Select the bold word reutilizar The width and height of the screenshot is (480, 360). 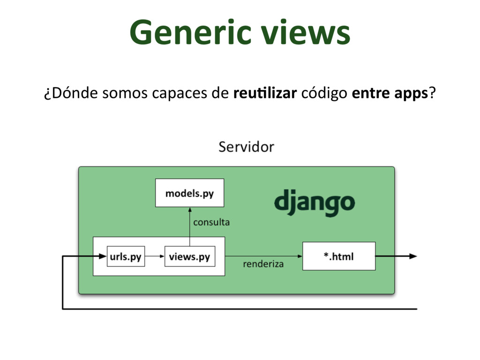click(265, 93)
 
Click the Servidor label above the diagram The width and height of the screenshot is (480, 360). click(246, 147)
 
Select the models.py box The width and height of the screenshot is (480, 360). click(189, 193)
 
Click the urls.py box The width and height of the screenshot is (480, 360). click(126, 256)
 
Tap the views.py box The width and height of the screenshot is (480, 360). click(189, 256)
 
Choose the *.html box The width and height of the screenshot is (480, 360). click(339, 256)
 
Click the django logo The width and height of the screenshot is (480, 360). click(315, 202)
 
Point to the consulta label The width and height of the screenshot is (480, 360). click(211, 222)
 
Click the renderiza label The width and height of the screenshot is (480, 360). click(263, 264)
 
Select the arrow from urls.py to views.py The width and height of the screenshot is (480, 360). click(154, 256)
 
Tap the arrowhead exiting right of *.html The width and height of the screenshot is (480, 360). click(412, 256)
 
